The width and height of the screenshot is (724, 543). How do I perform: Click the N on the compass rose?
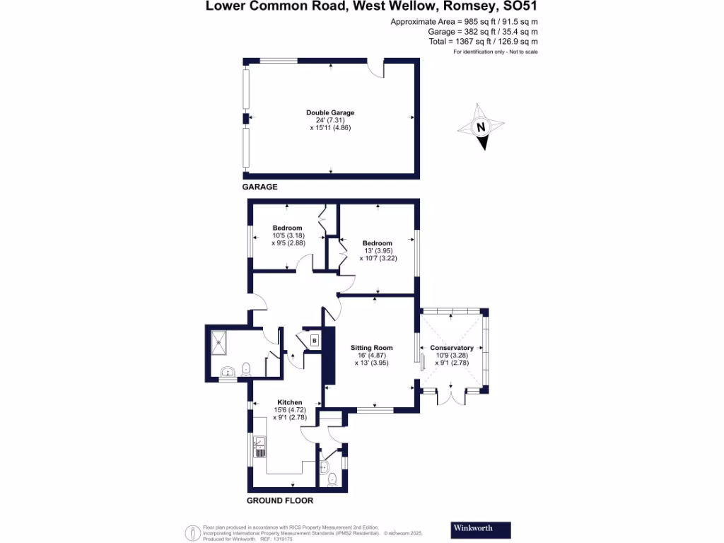pyautogui.click(x=481, y=128)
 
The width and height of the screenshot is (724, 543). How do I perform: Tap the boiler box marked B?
pyautogui.click(x=314, y=341)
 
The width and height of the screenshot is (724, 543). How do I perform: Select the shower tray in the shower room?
pyautogui.click(x=221, y=343)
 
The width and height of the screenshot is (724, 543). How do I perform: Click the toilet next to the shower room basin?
pyautogui.click(x=245, y=368)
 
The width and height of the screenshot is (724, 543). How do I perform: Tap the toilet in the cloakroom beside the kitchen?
pyautogui.click(x=332, y=479)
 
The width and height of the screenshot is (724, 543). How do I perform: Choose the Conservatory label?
pyautogui.click(x=452, y=348)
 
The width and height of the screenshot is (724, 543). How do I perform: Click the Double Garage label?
pyautogui.click(x=330, y=112)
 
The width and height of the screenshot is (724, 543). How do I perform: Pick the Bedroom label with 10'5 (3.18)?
pyautogui.click(x=287, y=228)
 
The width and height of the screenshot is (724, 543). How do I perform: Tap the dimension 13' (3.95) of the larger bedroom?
pyautogui.click(x=378, y=251)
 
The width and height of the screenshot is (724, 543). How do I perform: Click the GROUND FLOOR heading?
pyautogui.click(x=279, y=501)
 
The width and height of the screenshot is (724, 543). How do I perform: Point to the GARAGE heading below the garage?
pyautogui.click(x=259, y=187)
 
